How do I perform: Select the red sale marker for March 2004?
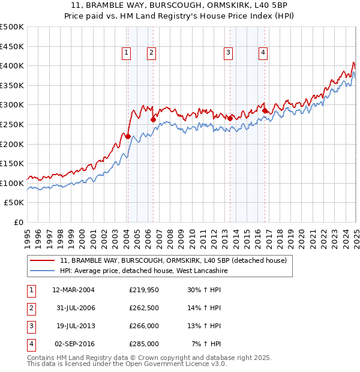point(128,136)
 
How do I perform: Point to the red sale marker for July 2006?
point(153,119)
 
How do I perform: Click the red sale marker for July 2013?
point(230,118)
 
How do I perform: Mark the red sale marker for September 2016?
point(265,110)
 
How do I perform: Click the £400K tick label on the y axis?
point(11,65)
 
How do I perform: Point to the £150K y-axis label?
point(11,163)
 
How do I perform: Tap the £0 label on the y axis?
point(19,222)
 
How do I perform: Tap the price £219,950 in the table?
point(144,289)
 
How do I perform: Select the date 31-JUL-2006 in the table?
point(74,308)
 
